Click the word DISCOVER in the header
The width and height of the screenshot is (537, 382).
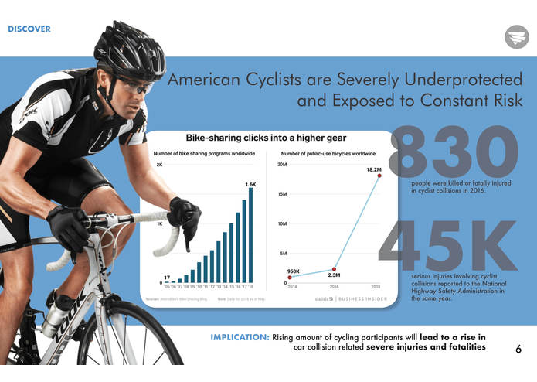coord(29,29)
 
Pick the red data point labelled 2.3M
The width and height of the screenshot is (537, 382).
coord(334,268)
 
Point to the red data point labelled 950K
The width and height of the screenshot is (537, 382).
coord(289,278)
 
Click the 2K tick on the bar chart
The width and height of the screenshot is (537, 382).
coord(159,165)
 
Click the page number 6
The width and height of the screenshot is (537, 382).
coord(518,349)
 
